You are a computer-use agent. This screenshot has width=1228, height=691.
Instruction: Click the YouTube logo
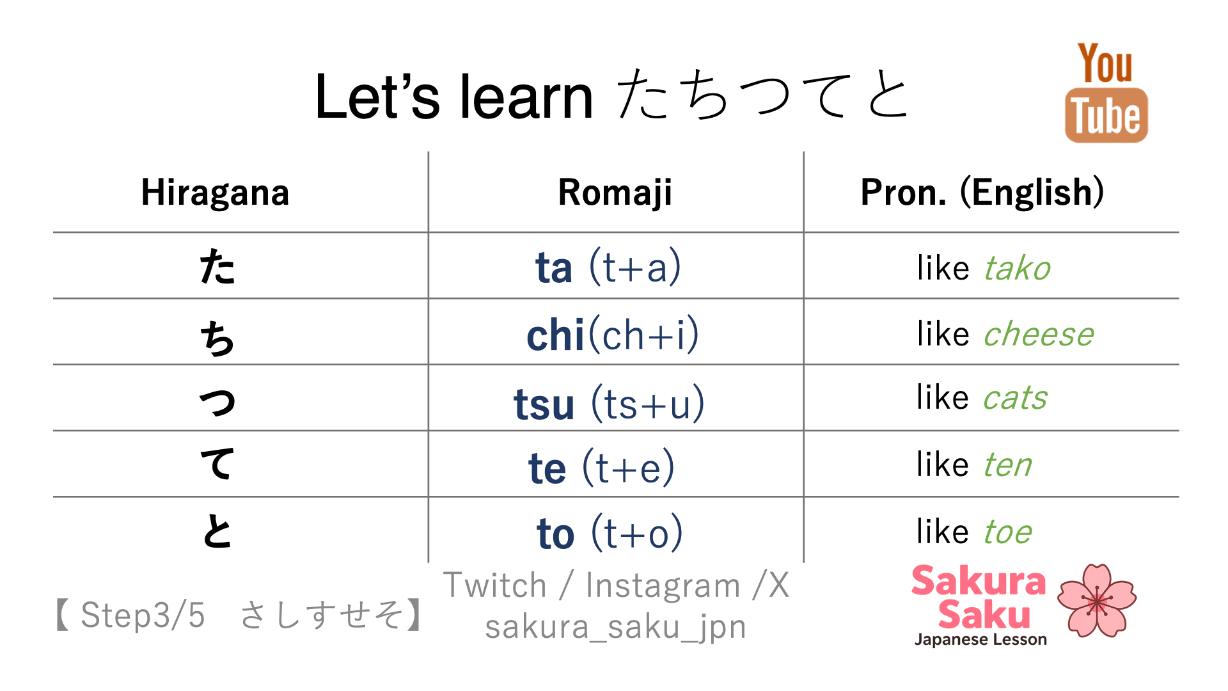[1106, 92]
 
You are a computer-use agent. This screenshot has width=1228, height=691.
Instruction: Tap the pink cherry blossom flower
[1096, 600]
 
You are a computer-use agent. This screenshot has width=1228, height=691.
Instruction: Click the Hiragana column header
[215, 193]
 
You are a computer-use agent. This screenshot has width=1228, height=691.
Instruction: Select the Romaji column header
[615, 193]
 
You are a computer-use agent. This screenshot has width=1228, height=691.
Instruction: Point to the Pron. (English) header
[982, 193]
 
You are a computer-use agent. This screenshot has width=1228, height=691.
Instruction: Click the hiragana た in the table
[217, 267]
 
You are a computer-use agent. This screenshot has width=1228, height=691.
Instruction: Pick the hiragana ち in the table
[217, 338]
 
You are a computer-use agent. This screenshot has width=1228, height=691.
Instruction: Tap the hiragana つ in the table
[217, 402]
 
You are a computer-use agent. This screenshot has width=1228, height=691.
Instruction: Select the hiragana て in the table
[217, 464]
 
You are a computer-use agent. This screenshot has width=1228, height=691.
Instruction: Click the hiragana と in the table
[217, 531]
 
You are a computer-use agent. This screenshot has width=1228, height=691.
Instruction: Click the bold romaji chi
[555, 335]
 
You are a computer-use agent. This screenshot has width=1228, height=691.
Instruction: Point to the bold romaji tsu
[544, 404]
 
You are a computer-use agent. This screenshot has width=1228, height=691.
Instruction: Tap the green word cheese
[1039, 334]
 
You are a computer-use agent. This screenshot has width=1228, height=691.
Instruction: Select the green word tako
[1017, 267]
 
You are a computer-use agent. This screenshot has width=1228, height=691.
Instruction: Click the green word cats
[1015, 398]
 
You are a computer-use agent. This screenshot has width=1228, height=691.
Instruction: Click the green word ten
[1007, 465]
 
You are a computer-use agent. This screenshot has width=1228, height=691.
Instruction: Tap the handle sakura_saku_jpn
[615, 627]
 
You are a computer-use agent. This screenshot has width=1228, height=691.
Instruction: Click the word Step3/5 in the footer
[143, 615]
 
